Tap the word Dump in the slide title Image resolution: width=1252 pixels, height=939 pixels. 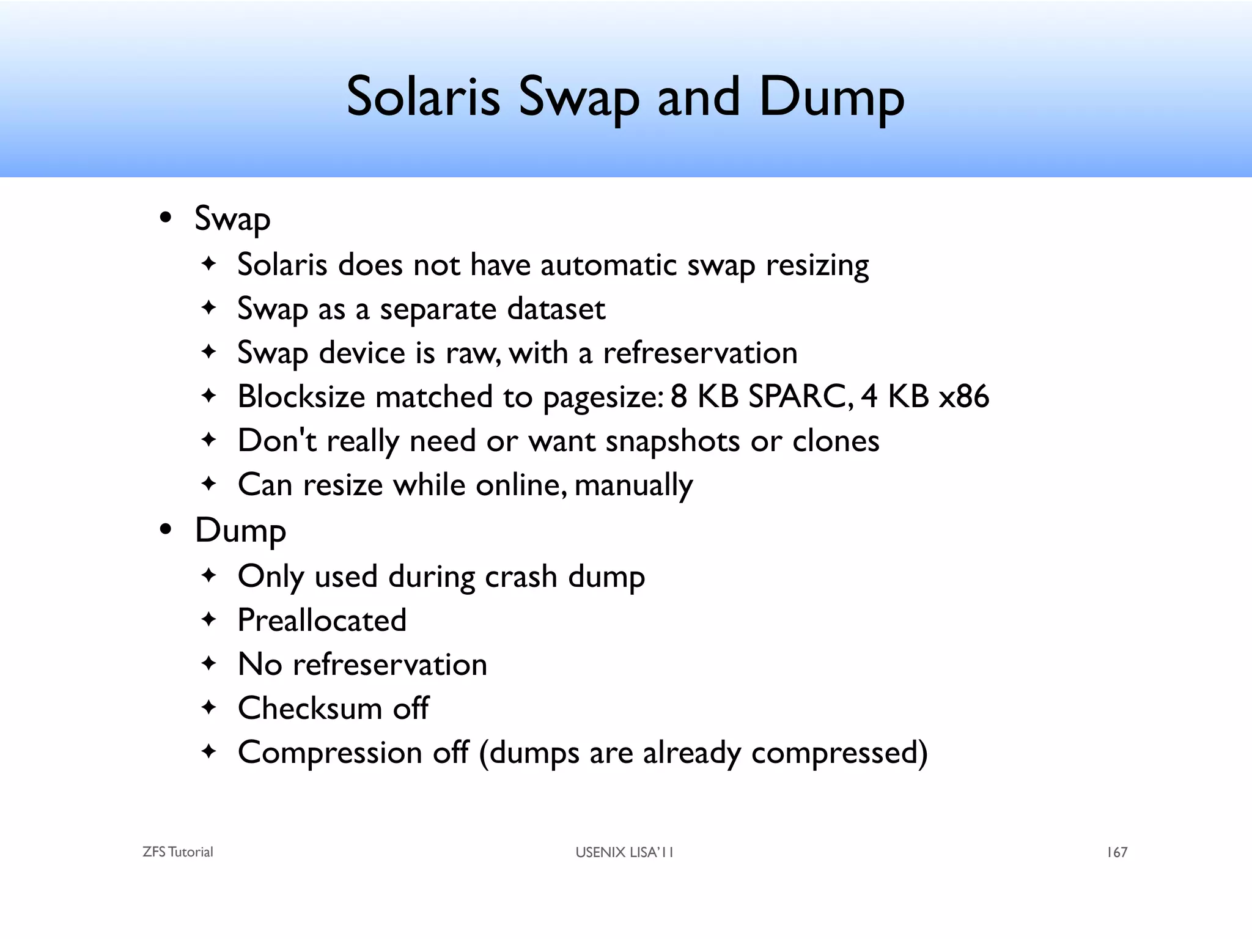click(831, 98)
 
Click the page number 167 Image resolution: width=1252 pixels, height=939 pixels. click(1117, 852)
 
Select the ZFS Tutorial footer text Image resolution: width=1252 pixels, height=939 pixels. click(177, 852)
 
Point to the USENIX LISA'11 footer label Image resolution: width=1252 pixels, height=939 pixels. click(624, 852)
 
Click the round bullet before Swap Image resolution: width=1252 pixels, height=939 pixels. click(165, 218)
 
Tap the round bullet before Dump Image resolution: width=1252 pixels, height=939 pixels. click(165, 529)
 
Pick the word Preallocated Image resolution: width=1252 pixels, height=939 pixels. click(322, 620)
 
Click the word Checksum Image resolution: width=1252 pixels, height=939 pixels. click(309, 709)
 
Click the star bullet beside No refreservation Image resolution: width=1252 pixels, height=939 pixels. click(209, 663)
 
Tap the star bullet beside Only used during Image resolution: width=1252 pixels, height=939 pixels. click(209, 575)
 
